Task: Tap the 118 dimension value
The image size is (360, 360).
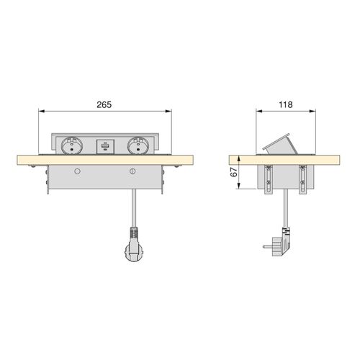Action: [x=286, y=105]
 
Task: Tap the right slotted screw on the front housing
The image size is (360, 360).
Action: [x=132, y=171]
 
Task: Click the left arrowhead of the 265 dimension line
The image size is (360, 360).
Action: [x=40, y=111]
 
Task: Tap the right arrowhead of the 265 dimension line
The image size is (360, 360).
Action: [x=170, y=111]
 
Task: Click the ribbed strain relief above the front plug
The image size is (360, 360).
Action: [x=132, y=233]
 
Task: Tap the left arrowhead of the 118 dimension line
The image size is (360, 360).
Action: [x=260, y=111]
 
